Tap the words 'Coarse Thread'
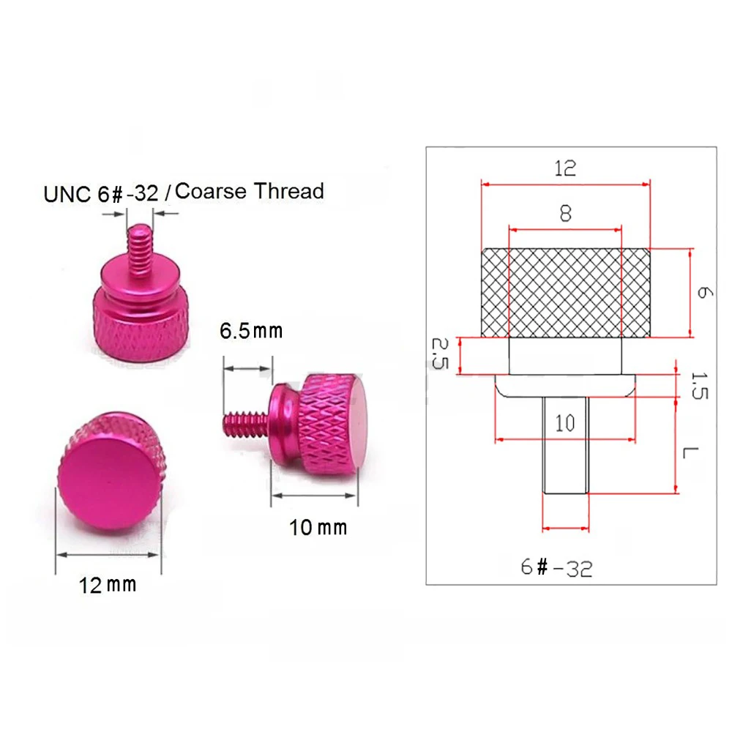coord(250,192)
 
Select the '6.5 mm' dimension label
coord(251,330)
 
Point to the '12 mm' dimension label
coord(108,584)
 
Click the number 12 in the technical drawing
coord(564,168)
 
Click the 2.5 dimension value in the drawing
coord(439,354)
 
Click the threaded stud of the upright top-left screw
coord(139,249)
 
